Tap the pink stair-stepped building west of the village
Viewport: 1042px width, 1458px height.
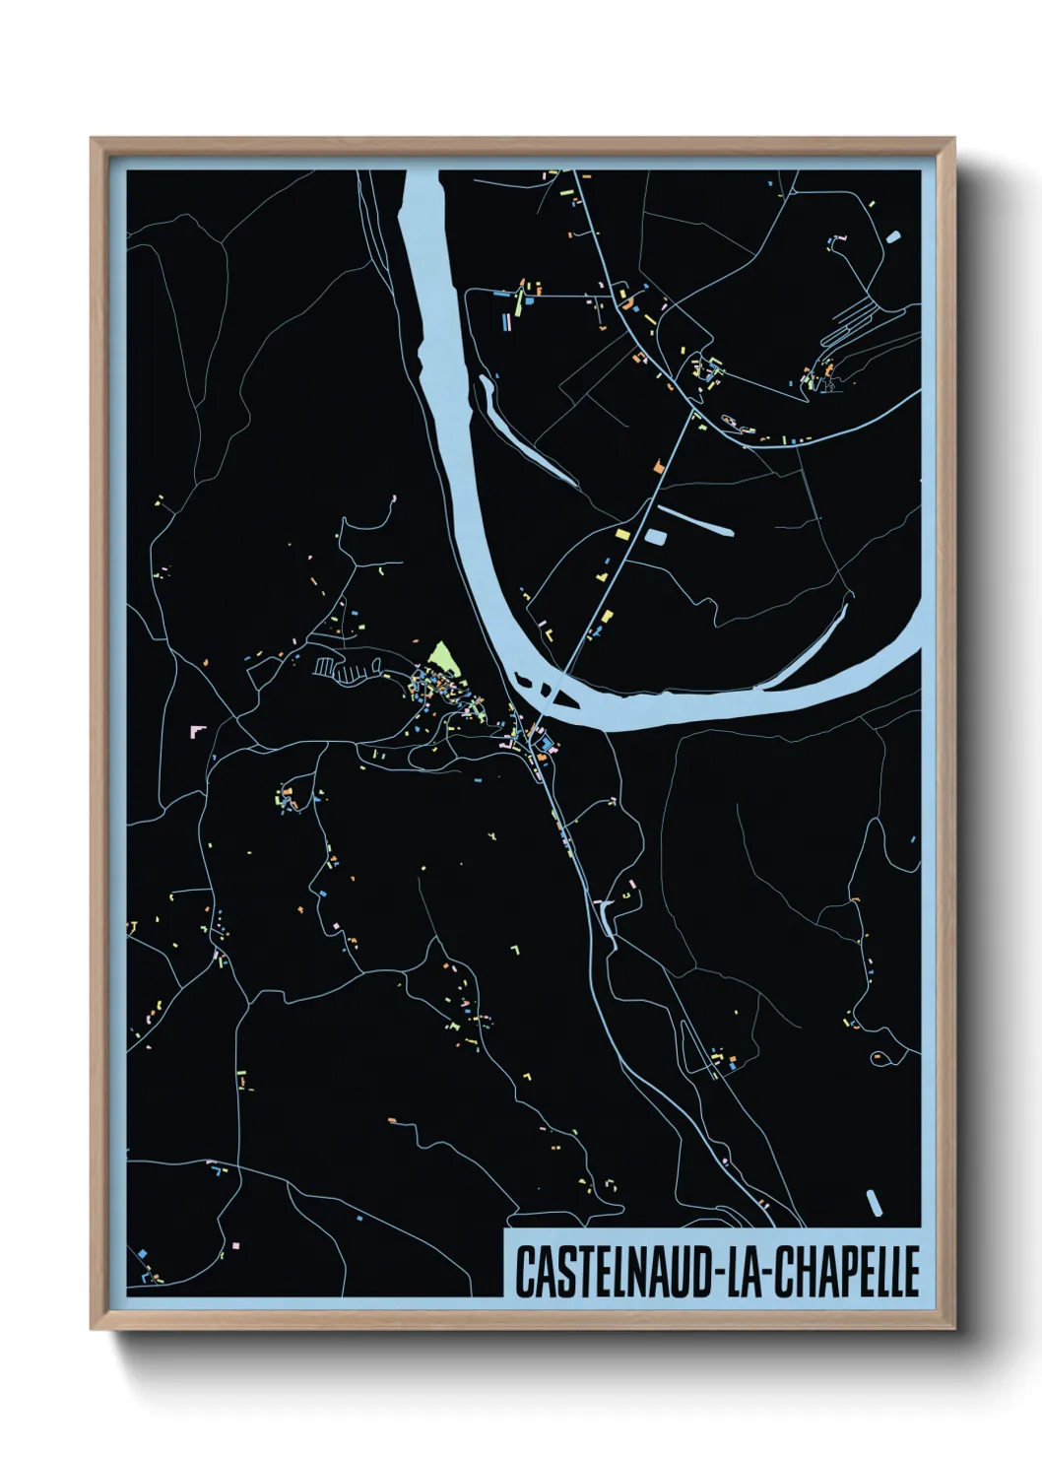click(198, 730)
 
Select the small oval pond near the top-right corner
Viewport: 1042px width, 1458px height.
click(892, 236)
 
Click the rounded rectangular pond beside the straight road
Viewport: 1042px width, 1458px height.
click(654, 537)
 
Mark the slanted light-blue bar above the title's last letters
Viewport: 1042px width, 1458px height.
click(874, 1203)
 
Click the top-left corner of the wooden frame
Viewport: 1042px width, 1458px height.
click(94, 141)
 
